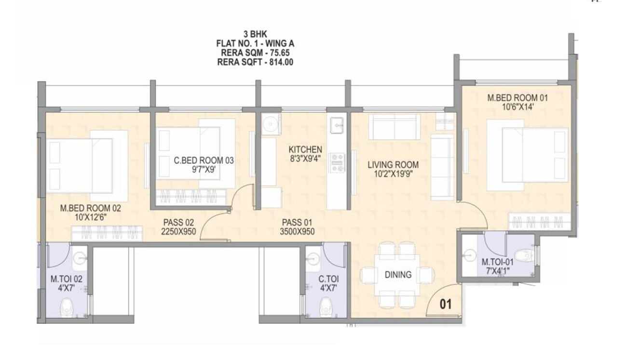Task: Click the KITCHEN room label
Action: coord(305,149)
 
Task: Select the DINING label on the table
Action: coord(398,275)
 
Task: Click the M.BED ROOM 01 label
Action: coord(518,98)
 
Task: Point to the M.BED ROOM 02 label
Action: coord(90,209)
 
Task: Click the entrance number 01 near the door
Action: coord(446,304)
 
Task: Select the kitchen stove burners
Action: coord(336,163)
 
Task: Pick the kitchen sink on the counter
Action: coord(336,125)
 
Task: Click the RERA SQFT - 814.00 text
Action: coord(255,62)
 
